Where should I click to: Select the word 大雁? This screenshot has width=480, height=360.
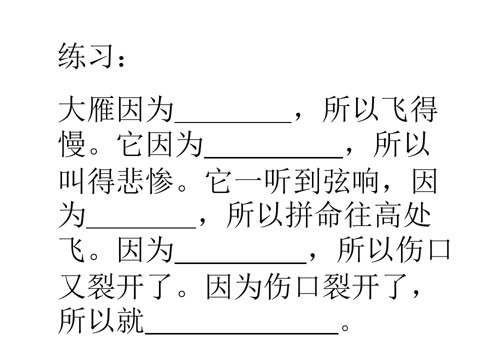[x=86, y=109]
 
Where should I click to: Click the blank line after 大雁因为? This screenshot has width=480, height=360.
[x=233, y=122]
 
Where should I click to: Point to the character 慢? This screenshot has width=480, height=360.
[x=72, y=144]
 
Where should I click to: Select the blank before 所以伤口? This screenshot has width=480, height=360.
[x=240, y=262]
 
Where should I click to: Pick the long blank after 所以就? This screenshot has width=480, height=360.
[x=241, y=333]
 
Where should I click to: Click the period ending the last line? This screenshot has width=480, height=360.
[x=345, y=328]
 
